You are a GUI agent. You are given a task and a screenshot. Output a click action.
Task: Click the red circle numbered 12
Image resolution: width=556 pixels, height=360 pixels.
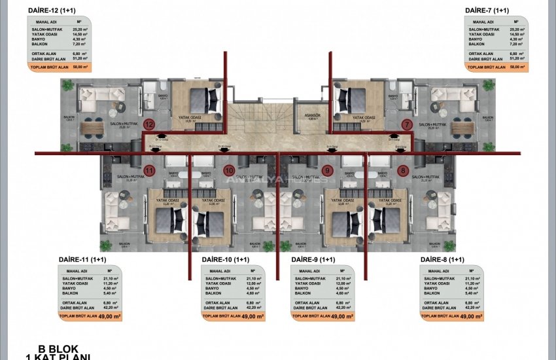coord(149,124)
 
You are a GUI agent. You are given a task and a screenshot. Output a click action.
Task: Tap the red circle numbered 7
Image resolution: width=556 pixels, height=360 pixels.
coord(407,124)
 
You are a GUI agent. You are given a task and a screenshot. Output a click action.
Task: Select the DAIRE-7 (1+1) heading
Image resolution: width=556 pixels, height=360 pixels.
coord(487,11)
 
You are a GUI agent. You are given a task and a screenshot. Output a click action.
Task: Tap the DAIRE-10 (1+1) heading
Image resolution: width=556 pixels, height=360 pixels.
coord(226,260)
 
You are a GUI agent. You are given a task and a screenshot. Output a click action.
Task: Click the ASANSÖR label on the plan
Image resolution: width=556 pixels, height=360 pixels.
coord(312,116)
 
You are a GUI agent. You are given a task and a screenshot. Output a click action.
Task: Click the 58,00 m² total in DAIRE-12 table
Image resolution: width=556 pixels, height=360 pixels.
coord(80,67)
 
